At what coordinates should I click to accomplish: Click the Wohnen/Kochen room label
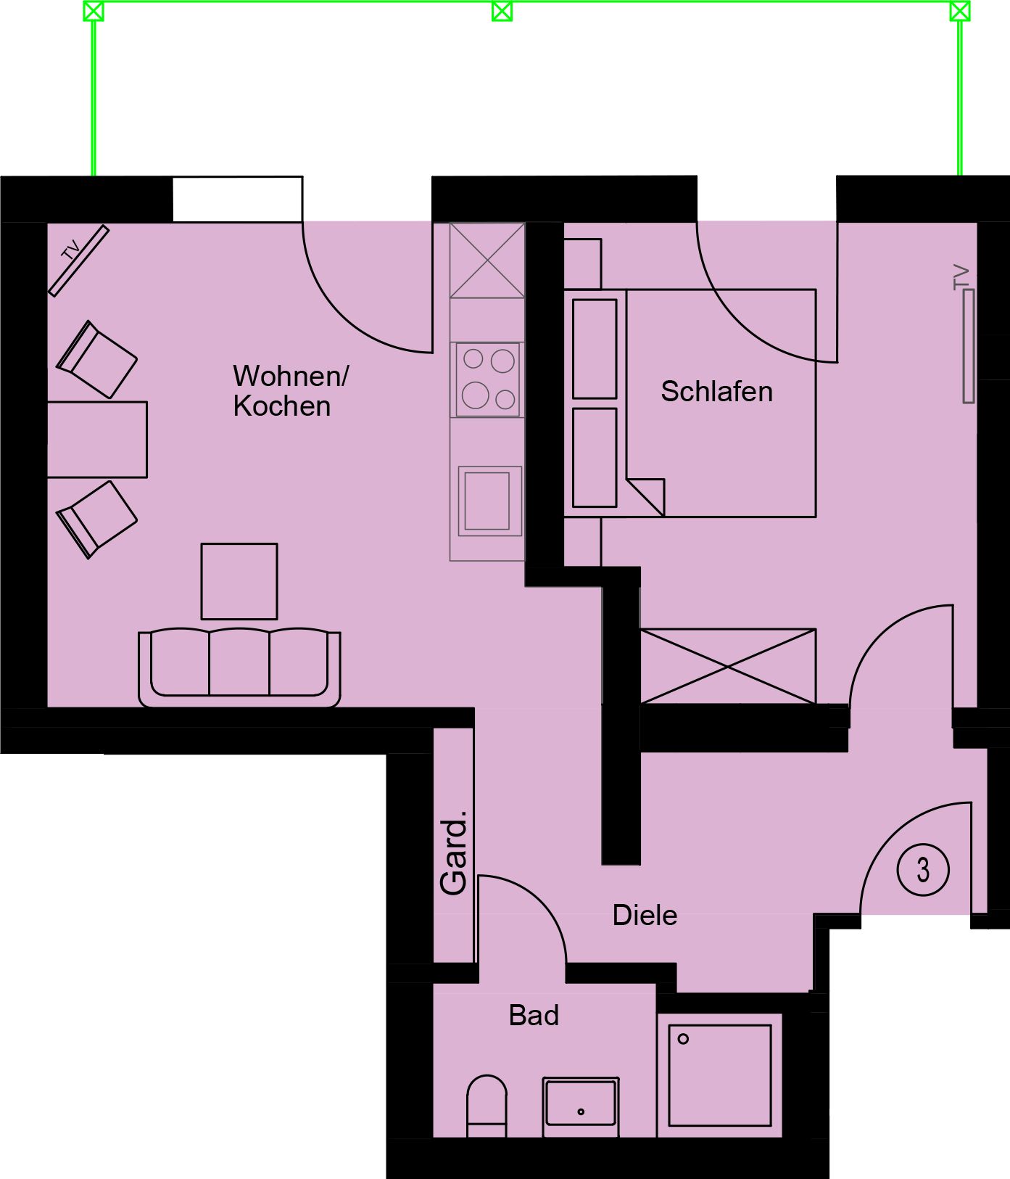pos(290,390)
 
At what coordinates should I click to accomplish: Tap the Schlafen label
pos(716,392)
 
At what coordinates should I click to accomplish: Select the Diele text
pos(645,916)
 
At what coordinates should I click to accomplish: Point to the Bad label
pos(534,1016)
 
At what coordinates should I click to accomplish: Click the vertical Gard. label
pos(454,852)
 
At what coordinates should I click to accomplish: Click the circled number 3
pos(923,869)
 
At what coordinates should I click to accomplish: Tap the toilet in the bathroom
pos(487,1106)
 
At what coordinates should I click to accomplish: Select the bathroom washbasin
pos(581,1106)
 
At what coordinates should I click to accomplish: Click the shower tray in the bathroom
pos(719,1075)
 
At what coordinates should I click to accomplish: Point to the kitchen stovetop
pos(488,379)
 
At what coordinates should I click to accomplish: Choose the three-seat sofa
pos(239,667)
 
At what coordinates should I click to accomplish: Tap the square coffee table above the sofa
pos(239,581)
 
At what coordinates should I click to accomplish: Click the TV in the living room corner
pos(78,260)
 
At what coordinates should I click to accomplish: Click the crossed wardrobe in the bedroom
pos(728,666)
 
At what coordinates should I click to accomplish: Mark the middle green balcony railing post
pos(502,11)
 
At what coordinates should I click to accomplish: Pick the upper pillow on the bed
pos(595,349)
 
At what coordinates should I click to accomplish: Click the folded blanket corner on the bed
pos(645,497)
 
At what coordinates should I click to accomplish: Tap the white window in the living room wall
pos(237,199)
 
